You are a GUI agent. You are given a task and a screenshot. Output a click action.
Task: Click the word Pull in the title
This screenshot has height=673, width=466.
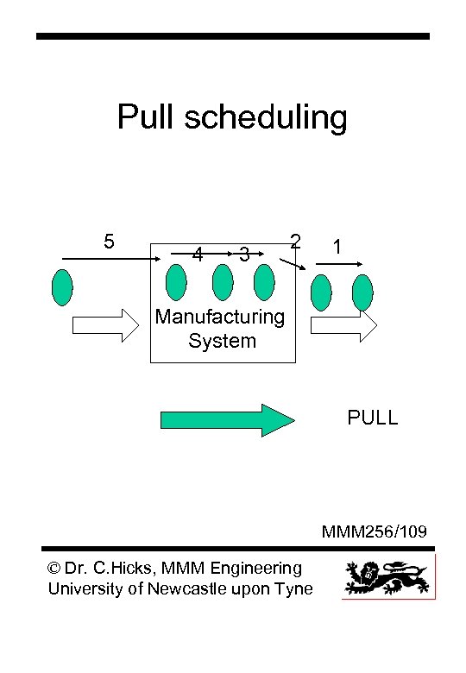[x=145, y=117]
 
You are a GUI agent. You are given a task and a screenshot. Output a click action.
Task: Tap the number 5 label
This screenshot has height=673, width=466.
[x=110, y=241]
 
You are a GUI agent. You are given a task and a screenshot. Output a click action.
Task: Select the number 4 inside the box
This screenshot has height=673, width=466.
[x=198, y=255]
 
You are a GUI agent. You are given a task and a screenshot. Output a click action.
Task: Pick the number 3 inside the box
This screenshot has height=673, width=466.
[x=245, y=255]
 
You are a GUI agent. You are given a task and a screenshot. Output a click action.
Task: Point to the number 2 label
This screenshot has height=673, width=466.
[x=295, y=241]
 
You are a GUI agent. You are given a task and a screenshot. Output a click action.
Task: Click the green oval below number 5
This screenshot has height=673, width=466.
[x=62, y=287]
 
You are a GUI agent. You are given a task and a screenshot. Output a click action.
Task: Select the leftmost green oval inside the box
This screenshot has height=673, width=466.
[x=176, y=281]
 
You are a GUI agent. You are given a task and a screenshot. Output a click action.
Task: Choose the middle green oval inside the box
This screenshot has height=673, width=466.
[x=223, y=281]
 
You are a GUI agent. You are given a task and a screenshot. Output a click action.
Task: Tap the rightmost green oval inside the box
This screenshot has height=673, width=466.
[x=264, y=281]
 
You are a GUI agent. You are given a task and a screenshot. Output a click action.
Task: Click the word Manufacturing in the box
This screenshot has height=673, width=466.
[x=220, y=317]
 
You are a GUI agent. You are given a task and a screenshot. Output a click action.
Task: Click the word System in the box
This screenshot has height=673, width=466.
[x=222, y=341]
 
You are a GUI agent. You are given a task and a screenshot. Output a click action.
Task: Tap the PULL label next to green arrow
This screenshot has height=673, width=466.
[x=372, y=418]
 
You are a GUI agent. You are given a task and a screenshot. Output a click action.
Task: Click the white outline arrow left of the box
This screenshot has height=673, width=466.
[x=104, y=325]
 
